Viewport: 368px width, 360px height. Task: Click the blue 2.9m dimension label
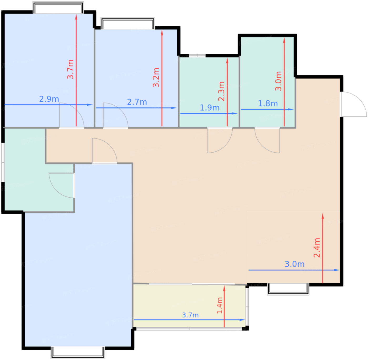click(49, 99)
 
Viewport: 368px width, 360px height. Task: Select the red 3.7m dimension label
click(70, 69)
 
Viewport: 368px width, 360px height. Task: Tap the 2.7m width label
click(137, 102)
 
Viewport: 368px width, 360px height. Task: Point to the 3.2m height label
click(156, 77)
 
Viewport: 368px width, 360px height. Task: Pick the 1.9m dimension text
click(209, 108)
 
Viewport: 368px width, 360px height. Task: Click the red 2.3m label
click(221, 91)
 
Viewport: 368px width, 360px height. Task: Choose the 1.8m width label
click(268, 104)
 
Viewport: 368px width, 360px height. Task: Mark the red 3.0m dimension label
click(278, 81)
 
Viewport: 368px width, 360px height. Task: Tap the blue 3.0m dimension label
click(295, 264)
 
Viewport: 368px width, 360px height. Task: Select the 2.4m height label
click(317, 248)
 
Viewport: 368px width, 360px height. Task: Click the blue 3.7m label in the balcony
click(190, 315)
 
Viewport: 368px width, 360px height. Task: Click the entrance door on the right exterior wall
click(353, 104)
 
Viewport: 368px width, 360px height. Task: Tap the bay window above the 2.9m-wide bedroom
click(58, 8)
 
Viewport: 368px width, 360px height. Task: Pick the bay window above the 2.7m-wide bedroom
click(128, 23)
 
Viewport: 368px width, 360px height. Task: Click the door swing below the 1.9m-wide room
click(220, 140)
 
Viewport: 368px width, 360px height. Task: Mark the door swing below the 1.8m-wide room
click(267, 140)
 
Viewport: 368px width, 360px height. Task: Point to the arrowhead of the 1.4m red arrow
click(224, 288)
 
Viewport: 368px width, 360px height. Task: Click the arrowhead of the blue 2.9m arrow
click(90, 105)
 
